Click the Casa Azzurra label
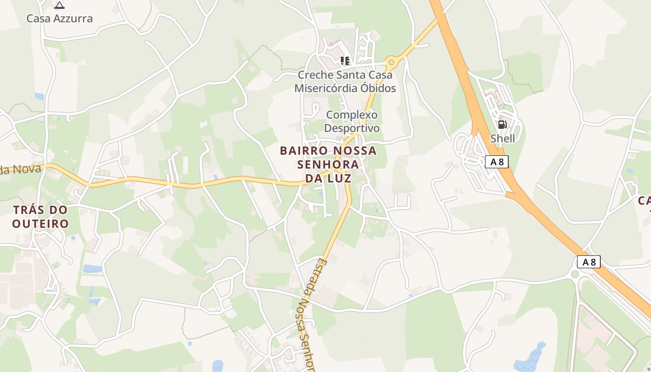pos(60,19)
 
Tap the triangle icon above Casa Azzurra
pos(59,5)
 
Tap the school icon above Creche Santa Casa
pos(345,60)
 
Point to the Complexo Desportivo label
pos(352,121)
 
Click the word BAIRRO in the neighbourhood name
pos(303,151)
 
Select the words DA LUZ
pos(328,178)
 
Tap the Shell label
pos(503,138)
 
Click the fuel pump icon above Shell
pos(502,124)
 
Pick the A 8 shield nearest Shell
pos(497,161)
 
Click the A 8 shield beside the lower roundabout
pos(589,262)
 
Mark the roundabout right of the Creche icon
pos(391,61)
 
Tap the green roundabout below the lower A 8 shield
pos(575,274)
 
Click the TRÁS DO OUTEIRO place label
pos(40,217)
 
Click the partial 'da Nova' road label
pos(21,169)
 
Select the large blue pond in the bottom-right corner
pos(531,358)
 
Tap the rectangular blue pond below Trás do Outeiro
pos(92,269)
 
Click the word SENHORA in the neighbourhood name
pos(328,164)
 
